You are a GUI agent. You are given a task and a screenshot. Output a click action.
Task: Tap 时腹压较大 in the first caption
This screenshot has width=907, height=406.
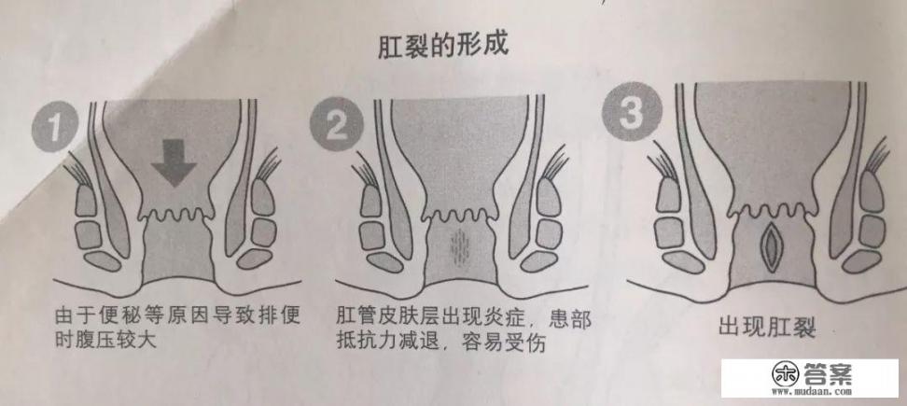coord(105,340)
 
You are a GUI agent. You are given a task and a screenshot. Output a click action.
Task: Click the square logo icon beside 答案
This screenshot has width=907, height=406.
coord(784,374)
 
